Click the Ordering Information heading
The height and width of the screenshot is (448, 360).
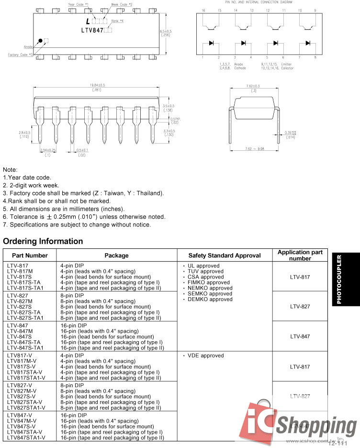(43, 241)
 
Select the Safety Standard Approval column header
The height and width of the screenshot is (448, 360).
(225, 256)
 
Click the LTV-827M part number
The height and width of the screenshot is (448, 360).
(20, 301)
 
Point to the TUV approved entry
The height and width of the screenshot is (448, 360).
(202, 271)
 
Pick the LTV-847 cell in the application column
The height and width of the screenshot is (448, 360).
(300, 336)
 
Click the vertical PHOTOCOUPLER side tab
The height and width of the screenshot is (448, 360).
(339, 280)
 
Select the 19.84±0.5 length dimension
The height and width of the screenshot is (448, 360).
(97, 85)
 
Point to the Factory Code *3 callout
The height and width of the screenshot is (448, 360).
(21, 55)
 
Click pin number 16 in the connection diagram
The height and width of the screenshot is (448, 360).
(203, 10)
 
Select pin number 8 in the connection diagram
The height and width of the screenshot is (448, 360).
(315, 57)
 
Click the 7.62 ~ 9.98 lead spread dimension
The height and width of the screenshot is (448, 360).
(254, 149)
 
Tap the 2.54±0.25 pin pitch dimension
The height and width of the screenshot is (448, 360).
(48, 150)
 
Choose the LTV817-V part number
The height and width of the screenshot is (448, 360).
(20, 356)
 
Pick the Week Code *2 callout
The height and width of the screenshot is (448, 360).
(122, 4)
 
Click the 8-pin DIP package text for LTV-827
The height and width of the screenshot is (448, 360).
(72, 296)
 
